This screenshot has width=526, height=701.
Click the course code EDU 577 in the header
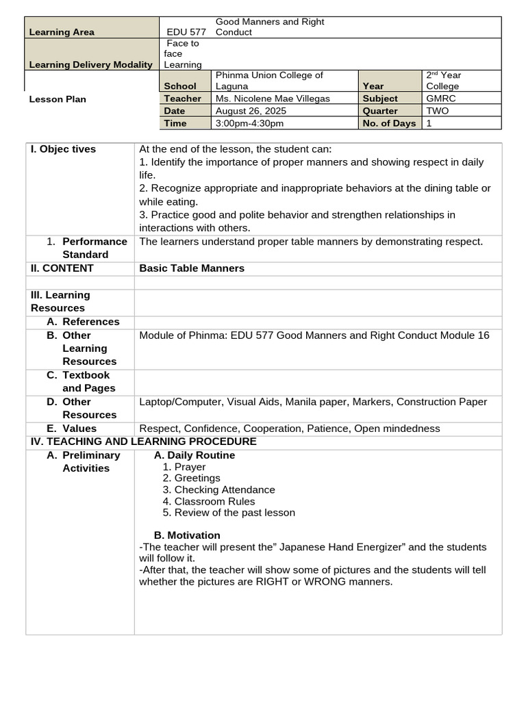pos(186,32)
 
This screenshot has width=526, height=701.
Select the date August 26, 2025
pos(251,111)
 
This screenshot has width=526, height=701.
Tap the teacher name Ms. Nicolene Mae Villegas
pos(273,99)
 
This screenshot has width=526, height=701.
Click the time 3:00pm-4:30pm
pos(249,123)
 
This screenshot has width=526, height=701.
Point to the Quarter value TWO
pos(438,111)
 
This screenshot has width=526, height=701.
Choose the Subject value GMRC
pos(439,99)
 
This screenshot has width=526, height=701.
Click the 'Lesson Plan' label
pos(58,99)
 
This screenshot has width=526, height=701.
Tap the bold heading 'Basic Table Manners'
pos(192,268)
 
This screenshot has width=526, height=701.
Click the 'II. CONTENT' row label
pos(62,268)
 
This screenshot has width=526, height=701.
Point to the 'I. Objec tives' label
pos(64,149)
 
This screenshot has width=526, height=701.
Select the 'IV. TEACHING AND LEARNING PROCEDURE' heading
pos(144,442)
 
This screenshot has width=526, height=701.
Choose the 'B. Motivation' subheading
pos(187,535)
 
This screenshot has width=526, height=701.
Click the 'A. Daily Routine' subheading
pos(195,455)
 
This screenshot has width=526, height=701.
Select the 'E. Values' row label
pos(72,429)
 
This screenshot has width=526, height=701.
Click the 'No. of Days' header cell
pos(389,123)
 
